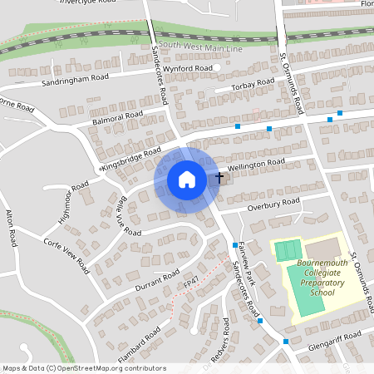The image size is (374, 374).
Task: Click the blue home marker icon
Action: point(187,179)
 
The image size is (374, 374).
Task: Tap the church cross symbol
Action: point(219,176)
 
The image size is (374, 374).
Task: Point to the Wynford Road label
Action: point(188,68)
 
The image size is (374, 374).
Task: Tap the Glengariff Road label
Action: point(335,336)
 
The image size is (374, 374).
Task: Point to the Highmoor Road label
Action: point(72,200)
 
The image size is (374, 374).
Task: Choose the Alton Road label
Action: point(11,228)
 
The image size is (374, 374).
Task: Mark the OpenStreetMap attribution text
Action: point(84,367)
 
